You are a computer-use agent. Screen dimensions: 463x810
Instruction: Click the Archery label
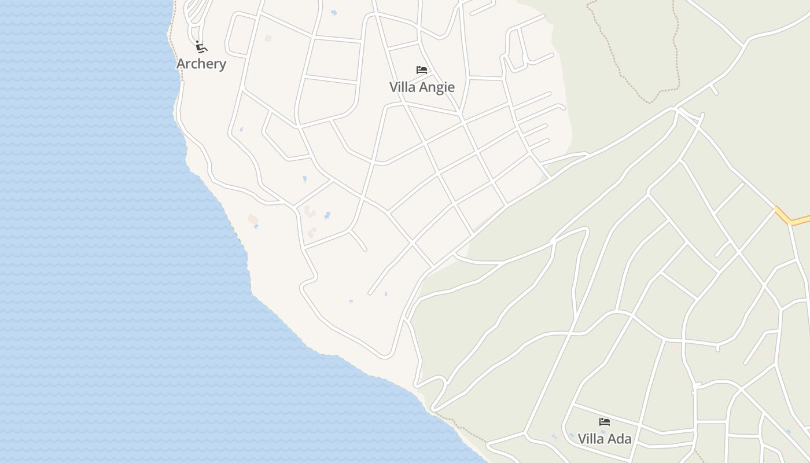point(201,64)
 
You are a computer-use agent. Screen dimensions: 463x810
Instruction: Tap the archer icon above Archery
point(201,47)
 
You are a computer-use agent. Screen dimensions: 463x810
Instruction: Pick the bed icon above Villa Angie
point(422,70)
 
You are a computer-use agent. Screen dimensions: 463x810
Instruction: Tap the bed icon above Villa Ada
point(605,422)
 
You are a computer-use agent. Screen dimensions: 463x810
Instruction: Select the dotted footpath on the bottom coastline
point(457,425)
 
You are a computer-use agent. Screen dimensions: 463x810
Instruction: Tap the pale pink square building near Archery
point(267,38)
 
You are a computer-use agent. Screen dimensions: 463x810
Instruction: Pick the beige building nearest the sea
point(252,219)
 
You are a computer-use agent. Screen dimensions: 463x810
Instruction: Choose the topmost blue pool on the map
point(334,13)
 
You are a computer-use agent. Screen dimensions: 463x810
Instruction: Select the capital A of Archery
point(181,64)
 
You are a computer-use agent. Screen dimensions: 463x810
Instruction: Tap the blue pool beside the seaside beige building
point(256,227)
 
